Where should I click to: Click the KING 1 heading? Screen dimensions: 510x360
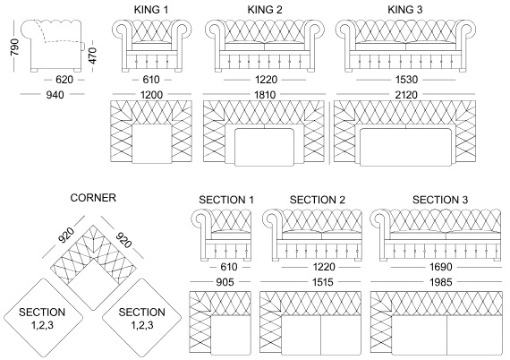151,10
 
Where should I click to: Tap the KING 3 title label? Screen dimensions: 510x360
405,10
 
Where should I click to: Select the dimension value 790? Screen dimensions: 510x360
15,47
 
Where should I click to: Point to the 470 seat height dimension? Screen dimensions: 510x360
92,56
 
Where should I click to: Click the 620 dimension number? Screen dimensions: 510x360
64,80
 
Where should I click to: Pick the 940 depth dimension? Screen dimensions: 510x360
55,95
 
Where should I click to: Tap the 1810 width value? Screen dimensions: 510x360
265,95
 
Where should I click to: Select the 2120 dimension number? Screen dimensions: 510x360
406,95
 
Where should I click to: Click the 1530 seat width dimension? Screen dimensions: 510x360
406,80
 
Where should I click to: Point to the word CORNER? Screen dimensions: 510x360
93,198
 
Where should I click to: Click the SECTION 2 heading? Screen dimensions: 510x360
318,200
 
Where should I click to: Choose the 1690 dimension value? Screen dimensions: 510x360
441,267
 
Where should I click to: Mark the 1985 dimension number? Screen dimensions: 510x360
441,282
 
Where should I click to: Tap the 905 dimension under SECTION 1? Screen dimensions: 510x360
225,282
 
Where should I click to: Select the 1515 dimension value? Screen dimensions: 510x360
323,282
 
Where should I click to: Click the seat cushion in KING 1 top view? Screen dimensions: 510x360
152,143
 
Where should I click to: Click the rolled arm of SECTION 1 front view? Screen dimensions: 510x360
201,219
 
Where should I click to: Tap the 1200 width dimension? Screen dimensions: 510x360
151,95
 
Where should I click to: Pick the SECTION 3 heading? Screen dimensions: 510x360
440,200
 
